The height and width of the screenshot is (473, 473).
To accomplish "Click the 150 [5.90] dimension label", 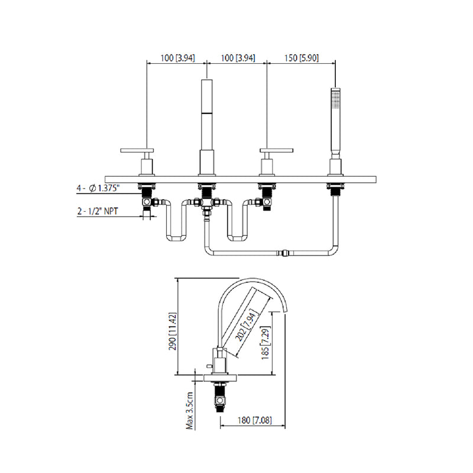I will (x=301, y=59).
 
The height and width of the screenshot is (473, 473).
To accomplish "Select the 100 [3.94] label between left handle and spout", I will (x=176, y=59).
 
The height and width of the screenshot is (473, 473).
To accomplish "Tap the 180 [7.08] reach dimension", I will (x=252, y=420).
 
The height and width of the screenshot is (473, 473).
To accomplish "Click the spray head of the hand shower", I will (x=335, y=101).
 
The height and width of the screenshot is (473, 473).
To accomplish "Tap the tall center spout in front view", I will (x=206, y=118).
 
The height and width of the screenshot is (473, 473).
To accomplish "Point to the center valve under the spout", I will (x=206, y=204).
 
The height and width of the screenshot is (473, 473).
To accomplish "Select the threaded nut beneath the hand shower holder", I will (x=335, y=189).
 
